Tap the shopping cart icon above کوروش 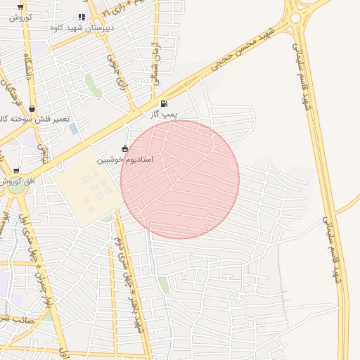(19, 6)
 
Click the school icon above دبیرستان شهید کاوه (82, 17)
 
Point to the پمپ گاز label (164, 113)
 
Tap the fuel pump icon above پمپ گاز (164, 103)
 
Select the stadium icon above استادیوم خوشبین (125, 148)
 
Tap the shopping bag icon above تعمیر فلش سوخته (32, 108)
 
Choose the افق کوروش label (21, 181)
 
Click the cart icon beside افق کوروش (15, 171)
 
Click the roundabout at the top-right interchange (295, 18)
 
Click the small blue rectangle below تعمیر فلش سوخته (74, 129)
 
